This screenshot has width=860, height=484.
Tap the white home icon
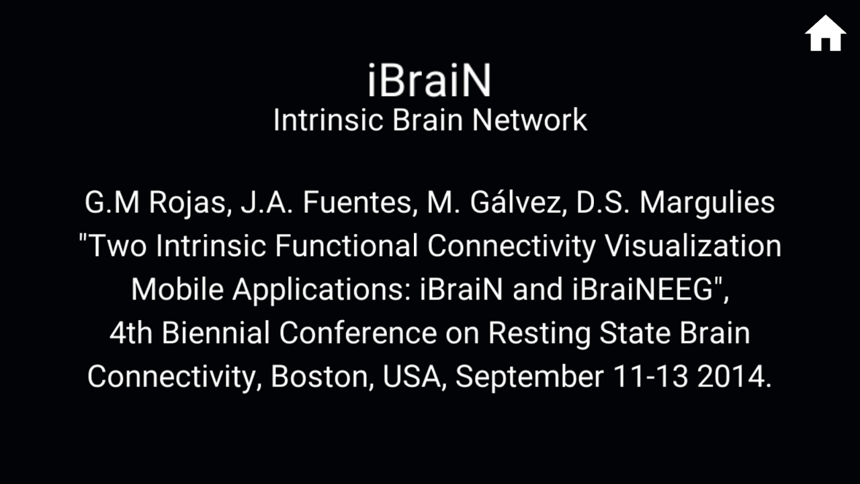(825, 34)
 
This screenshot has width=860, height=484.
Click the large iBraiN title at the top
(429, 81)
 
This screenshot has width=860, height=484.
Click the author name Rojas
(187, 203)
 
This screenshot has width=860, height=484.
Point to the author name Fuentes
(355, 203)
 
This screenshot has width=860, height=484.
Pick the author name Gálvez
(511, 203)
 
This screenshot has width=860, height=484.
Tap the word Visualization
(694, 246)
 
